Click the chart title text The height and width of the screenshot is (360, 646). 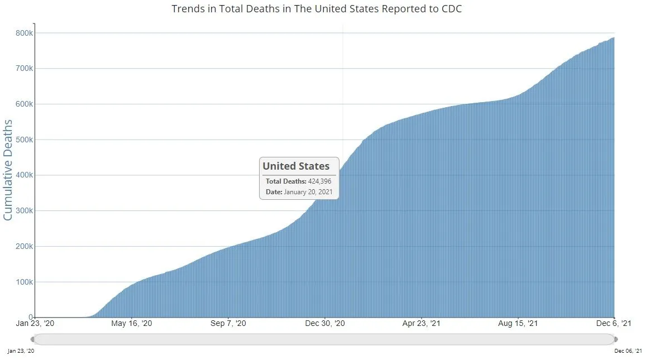click(x=317, y=9)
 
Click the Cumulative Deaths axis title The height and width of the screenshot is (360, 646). click(x=8, y=169)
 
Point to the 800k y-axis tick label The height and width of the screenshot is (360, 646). click(x=24, y=33)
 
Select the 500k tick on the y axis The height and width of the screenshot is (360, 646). click(x=24, y=140)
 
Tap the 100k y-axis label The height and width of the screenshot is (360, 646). click(x=24, y=282)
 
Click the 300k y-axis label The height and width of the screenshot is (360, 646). click(x=24, y=210)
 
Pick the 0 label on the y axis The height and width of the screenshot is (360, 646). click(x=31, y=317)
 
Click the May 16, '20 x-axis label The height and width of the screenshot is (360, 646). click(x=132, y=324)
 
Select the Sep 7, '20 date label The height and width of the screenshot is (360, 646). click(x=228, y=324)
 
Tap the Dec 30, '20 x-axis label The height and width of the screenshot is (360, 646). click(x=325, y=324)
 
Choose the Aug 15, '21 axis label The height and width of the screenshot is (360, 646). click(x=519, y=324)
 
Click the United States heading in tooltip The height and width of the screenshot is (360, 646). click(x=296, y=166)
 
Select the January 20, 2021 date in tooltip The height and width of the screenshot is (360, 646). click(x=308, y=192)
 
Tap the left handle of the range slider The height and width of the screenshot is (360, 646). click(x=34, y=339)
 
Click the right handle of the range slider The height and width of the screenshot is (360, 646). click(x=615, y=339)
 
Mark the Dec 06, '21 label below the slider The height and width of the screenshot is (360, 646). click(x=628, y=351)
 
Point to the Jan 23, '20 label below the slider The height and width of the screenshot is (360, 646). click(x=20, y=351)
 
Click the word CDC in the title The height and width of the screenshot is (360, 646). click(x=451, y=9)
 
